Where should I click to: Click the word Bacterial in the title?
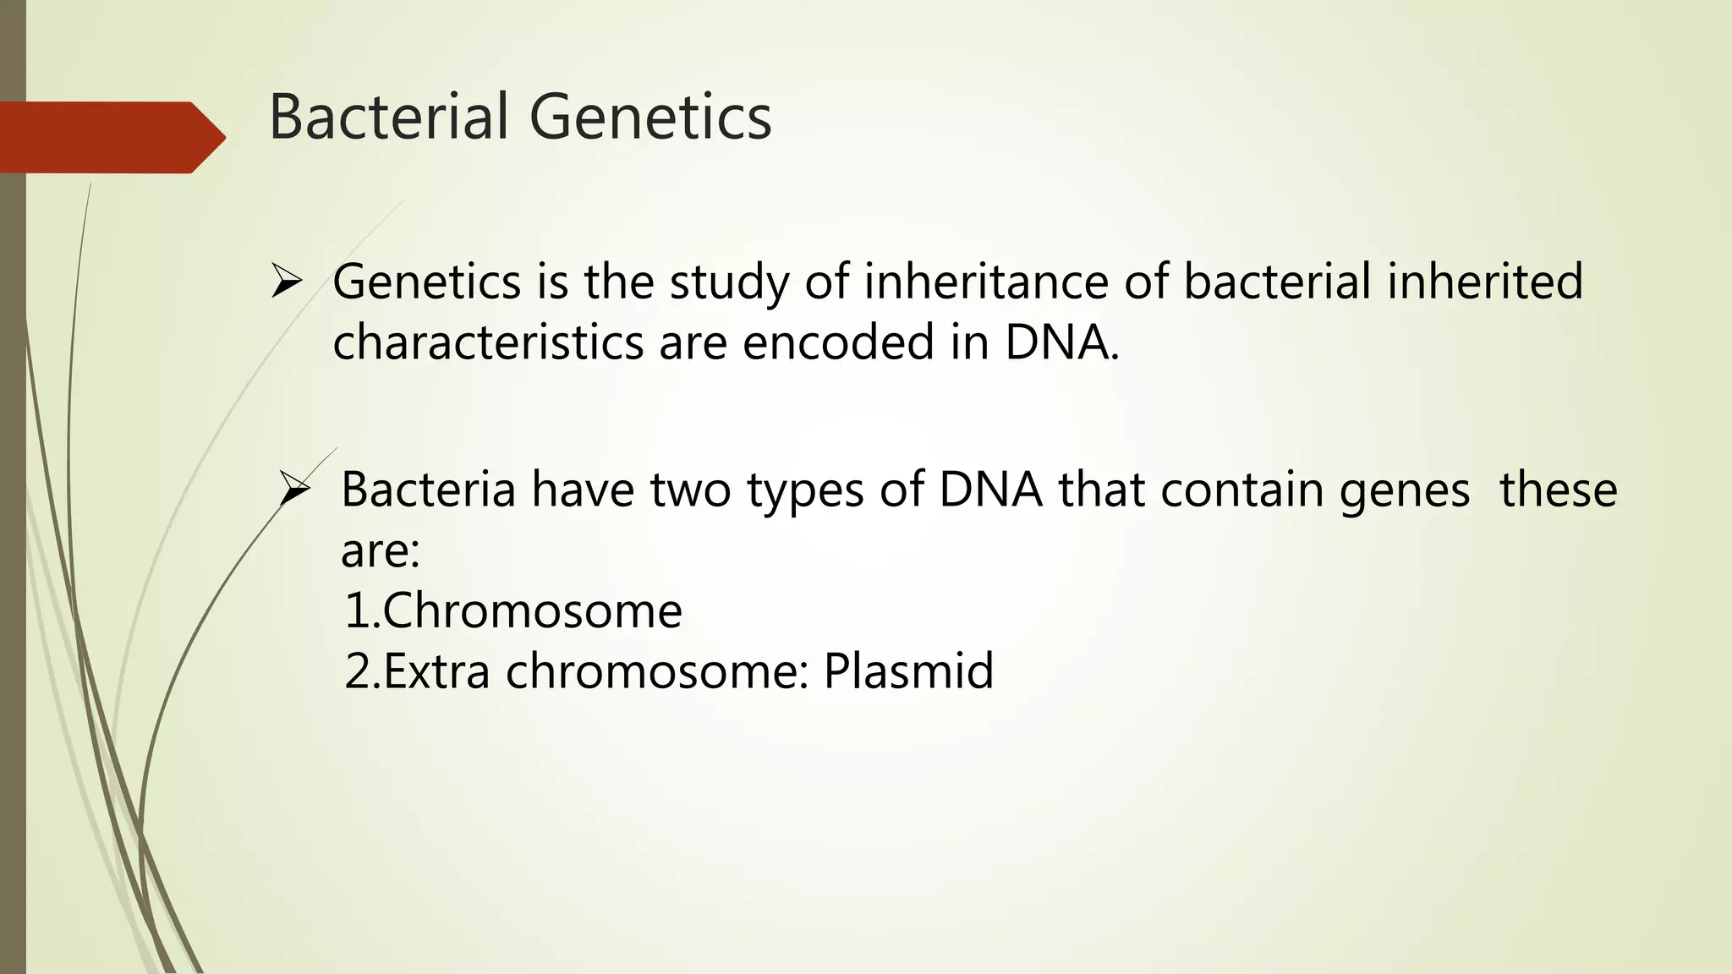pyautogui.click(x=389, y=117)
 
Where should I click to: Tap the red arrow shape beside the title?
pyautogui.click(x=110, y=137)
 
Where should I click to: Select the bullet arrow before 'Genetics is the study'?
pyautogui.click(x=287, y=282)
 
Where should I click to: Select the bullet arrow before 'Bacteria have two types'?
pyautogui.click(x=295, y=490)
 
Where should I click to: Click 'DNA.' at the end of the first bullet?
pyautogui.click(x=1061, y=342)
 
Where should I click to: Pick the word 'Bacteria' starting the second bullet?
pyautogui.click(x=428, y=490)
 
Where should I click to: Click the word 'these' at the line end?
pyautogui.click(x=1558, y=490)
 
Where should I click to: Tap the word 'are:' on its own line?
pyautogui.click(x=380, y=551)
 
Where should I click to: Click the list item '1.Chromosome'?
pyautogui.click(x=512, y=610)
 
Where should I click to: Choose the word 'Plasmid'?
pyautogui.click(x=908, y=672)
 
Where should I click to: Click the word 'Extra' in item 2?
pyautogui.click(x=436, y=672)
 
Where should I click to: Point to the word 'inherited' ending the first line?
pyautogui.click(x=1484, y=282)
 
